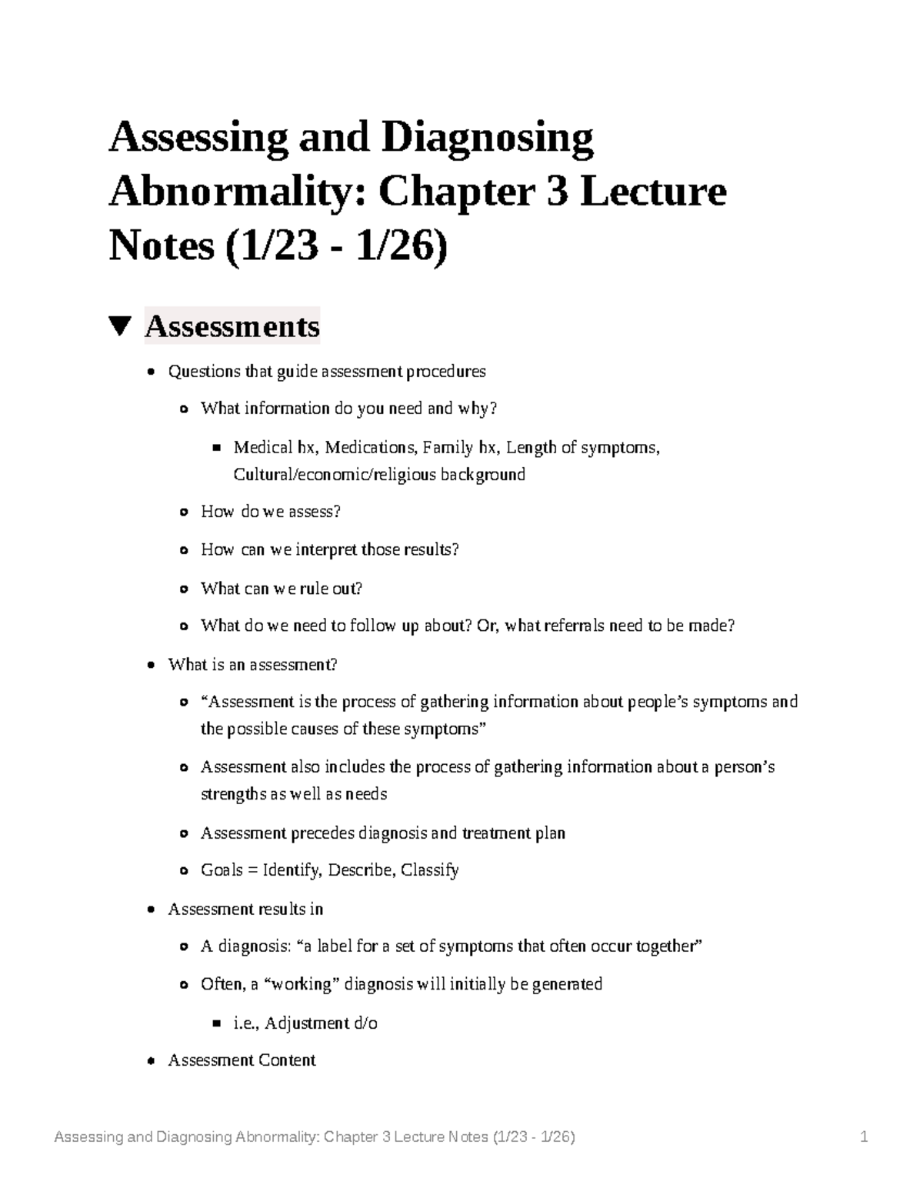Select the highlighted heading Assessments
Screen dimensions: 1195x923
click(232, 326)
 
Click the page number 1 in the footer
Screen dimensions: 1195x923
click(865, 1137)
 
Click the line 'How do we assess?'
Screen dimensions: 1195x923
click(270, 512)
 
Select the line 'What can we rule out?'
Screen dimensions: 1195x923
click(281, 589)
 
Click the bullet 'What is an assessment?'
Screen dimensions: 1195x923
click(252, 664)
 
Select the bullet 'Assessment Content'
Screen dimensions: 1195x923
click(242, 1060)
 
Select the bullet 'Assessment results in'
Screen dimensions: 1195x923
click(245, 910)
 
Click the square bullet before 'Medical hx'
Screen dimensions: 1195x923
click(216, 447)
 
